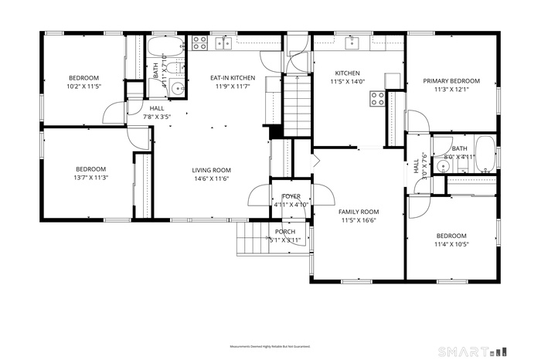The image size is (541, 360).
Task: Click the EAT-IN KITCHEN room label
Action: point(233,78)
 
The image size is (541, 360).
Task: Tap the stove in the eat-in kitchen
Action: point(199,42)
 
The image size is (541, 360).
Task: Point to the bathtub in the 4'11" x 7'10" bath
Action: point(163,45)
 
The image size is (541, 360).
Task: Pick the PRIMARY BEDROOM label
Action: point(451,80)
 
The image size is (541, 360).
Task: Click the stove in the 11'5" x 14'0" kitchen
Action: point(378,98)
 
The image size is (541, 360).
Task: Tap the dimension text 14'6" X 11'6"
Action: point(211,178)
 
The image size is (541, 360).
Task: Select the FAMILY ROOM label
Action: point(359,212)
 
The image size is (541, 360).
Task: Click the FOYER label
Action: point(291,197)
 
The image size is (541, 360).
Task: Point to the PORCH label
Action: point(284,232)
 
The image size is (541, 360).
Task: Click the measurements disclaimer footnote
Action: point(270,347)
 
